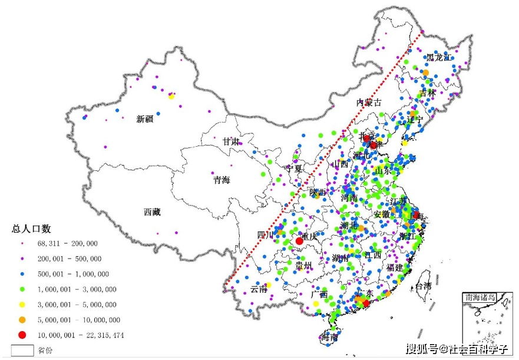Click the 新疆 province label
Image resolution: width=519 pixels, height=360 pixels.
(x=145, y=119)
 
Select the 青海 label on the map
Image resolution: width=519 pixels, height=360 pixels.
(x=222, y=180)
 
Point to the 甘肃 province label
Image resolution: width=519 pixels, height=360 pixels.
(x=231, y=142)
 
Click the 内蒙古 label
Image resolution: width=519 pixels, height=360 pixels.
(x=369, y=103)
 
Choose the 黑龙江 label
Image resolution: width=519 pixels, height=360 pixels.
(x=439, y=57)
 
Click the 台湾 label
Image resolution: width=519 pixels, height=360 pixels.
(x=424, y=287)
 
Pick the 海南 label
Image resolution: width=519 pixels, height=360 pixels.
(x=329, y=338)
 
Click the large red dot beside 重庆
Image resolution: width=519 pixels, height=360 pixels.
(x=299, y=241)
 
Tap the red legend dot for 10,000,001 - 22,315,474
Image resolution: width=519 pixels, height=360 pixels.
(x=22, y=335)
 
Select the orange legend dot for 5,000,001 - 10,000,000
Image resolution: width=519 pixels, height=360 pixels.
(x=22, y=320)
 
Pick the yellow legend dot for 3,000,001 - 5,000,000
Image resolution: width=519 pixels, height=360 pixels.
(x=22, y=305)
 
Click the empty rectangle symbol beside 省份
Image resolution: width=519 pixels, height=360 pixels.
(x=22, y=350)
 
